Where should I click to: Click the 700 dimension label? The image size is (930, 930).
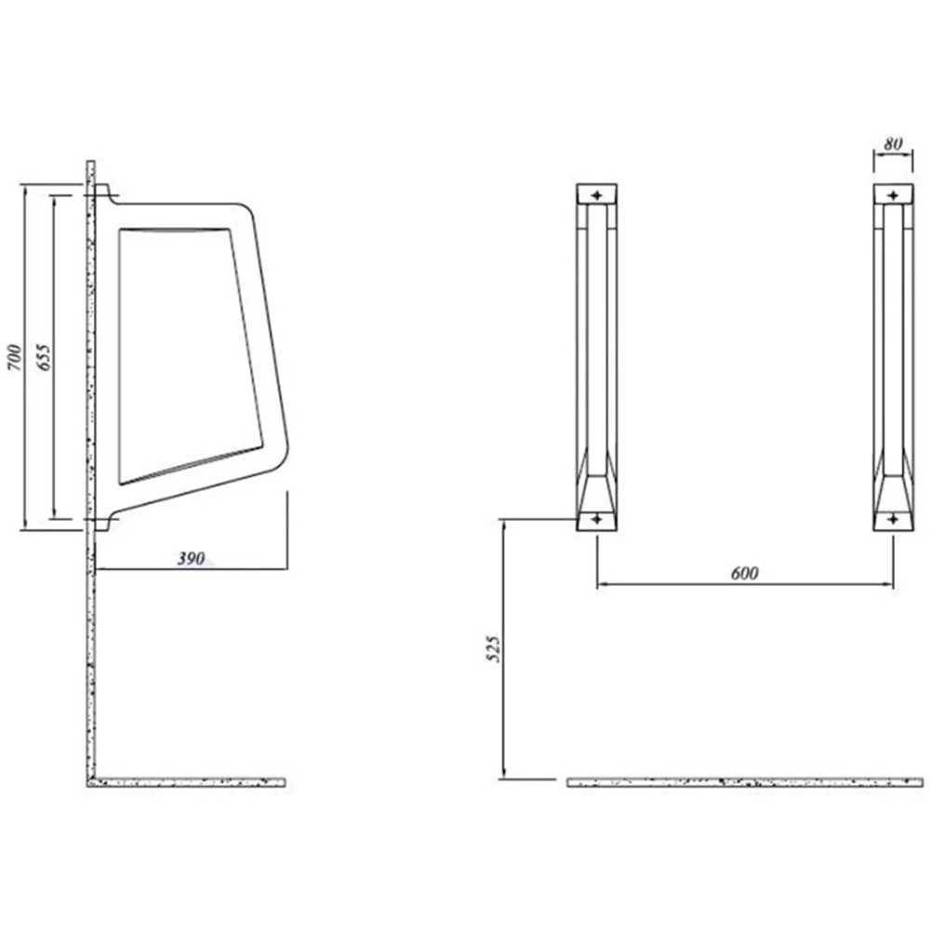coord(14,358)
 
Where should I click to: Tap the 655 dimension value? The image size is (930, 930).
coord(44,357)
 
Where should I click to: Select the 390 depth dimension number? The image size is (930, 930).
coord(191,559)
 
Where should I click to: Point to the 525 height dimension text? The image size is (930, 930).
coord(494,649)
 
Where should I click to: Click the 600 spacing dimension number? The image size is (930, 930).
coord(744,574)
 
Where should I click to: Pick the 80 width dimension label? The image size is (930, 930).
coord(893,144)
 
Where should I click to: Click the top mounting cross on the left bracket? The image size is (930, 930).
coord(597,195)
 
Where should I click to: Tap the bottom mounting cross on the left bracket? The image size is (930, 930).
coord(597,520)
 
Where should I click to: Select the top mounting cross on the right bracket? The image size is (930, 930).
coord(893,195)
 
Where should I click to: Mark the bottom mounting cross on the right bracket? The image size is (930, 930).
coord(893,520)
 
